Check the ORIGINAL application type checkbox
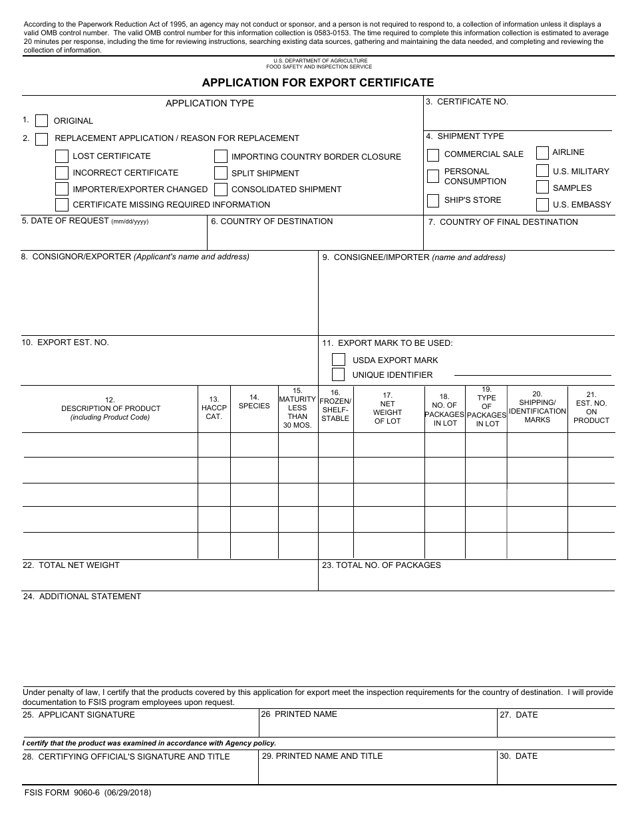(x=41, y=120)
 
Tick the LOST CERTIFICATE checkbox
(x=61, y=156)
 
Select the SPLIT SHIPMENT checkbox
(x=221, y=173)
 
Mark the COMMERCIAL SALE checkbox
(x=433, y=155)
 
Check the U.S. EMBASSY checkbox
(x=542, y=204)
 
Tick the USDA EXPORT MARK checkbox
(x=339, y=360)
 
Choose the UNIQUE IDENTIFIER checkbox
(x=339, y=374)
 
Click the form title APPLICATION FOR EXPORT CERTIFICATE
(x=318, y=82)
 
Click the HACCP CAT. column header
(x=214, y=408)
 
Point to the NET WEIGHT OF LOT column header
(x=388, y=408)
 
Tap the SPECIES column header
(x=254, y=402)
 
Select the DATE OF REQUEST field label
(x=65, y=221)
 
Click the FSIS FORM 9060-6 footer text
(x=86, y=793)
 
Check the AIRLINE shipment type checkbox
(x=542, y=152)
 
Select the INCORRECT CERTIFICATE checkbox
(x=61, y=173)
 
